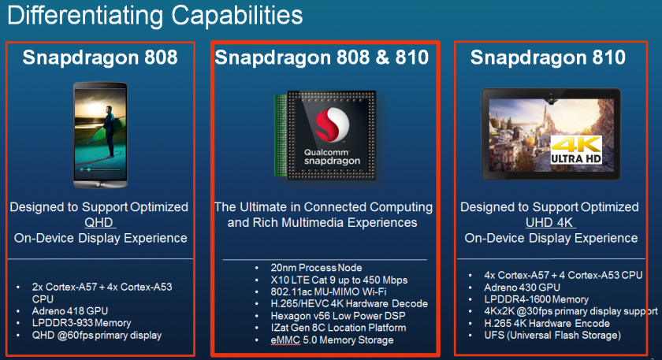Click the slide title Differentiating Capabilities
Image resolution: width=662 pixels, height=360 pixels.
(x=155, y=15)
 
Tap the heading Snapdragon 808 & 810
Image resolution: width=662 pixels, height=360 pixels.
(x=322, y=58)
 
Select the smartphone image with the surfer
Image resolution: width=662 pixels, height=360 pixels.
(x=100, y=135)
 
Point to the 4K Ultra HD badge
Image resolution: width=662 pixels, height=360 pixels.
(x=576, y=150)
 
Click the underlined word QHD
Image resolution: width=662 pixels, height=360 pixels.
(x=99, y=222)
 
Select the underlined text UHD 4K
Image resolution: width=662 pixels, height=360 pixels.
(x=549, y=222)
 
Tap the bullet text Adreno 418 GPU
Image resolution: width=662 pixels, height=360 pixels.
(x=70, y=311)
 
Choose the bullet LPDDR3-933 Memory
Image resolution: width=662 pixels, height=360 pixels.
(x=81, y=323)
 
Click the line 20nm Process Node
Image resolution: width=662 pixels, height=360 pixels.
(x=316, y=268)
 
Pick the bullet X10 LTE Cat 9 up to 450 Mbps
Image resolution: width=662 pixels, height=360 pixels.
(x=339, y=280)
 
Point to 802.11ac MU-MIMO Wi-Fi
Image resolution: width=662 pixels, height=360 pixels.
(x=329, y=291)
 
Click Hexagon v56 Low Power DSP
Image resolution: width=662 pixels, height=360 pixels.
(x=338, y=316)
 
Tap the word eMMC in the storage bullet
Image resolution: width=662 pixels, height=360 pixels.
(x=285, y=340)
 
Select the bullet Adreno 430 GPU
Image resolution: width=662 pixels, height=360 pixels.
(x=523, y=288)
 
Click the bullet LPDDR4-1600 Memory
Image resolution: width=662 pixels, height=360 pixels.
(x=536, y=299)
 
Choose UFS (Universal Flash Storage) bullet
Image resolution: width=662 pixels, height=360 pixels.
(x=552, y=335)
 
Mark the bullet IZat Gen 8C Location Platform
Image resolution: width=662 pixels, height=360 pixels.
(x=338, y=328)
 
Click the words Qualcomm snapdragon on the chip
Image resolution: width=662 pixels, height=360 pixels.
(x=333, y=157)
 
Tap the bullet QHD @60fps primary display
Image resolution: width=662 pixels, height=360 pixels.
(x=97, y=335)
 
